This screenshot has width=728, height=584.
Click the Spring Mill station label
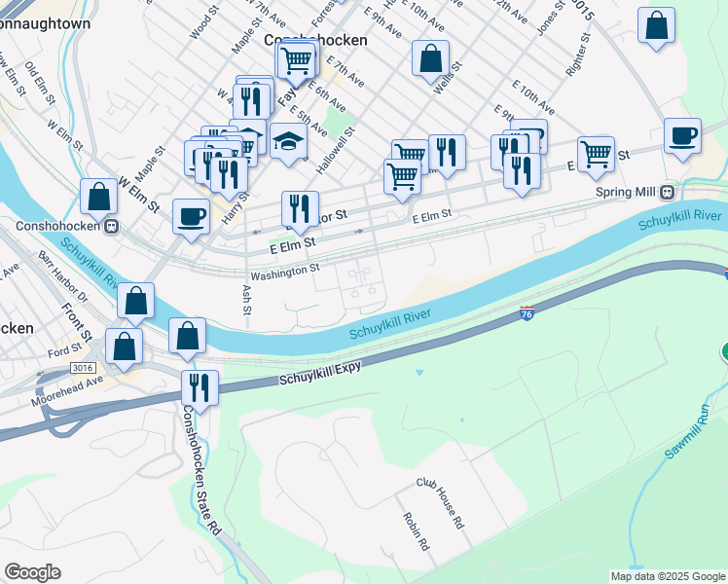[x=626, y=192]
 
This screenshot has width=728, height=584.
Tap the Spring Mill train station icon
[x=667, y=192]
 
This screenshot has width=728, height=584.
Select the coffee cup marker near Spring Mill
[x=682, y=136]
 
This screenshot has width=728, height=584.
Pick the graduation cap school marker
[x=288, y=142]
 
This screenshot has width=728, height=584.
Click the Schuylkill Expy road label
[x=320, y=373]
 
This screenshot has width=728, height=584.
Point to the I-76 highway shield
[x=527, y=313]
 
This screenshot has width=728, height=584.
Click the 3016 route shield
[x=82, y=367]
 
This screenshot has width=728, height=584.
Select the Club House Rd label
[x=440, y=503]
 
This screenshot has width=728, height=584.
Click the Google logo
[x=32, y=572]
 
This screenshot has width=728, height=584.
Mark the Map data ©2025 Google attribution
[x=667, y=576]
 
